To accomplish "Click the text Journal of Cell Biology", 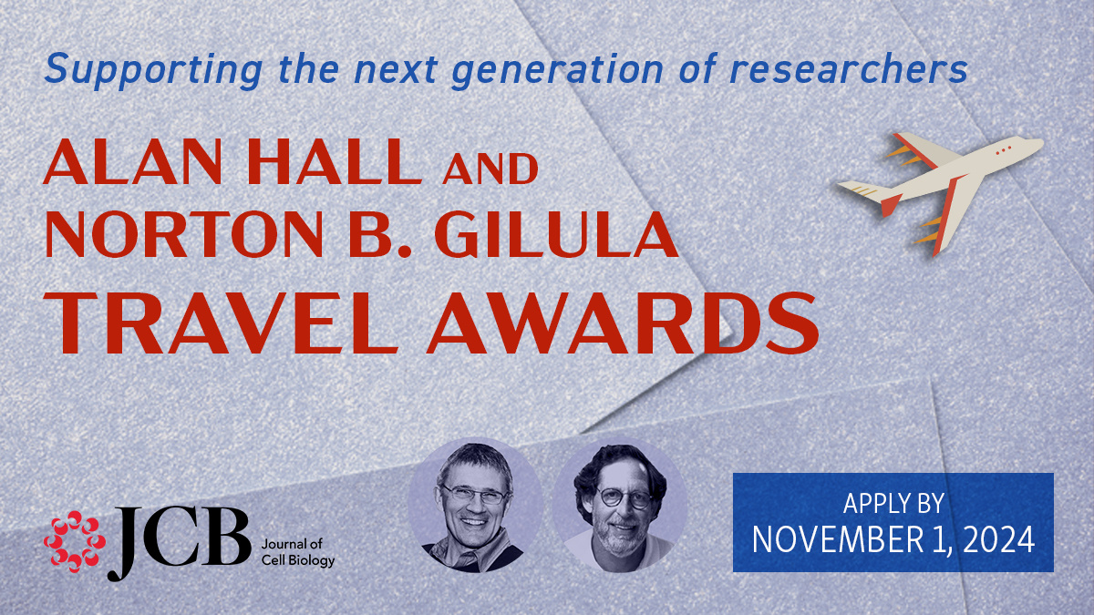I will (297, 551).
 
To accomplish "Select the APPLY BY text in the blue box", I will (893, 502).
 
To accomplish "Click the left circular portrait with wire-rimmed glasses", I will (476, 507).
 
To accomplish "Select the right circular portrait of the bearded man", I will (620, 507).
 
